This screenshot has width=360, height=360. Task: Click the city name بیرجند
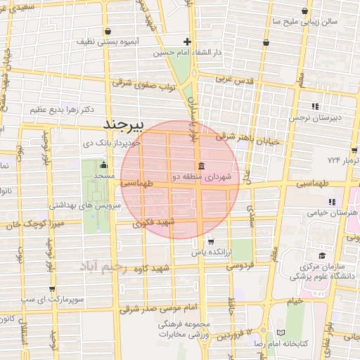(x=123, y=124)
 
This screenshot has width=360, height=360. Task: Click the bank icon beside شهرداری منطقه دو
(x=202, y=167)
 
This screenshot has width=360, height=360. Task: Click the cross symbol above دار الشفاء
(x=187, y=41)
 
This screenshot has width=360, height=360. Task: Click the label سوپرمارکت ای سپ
(x=51, y=300)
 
